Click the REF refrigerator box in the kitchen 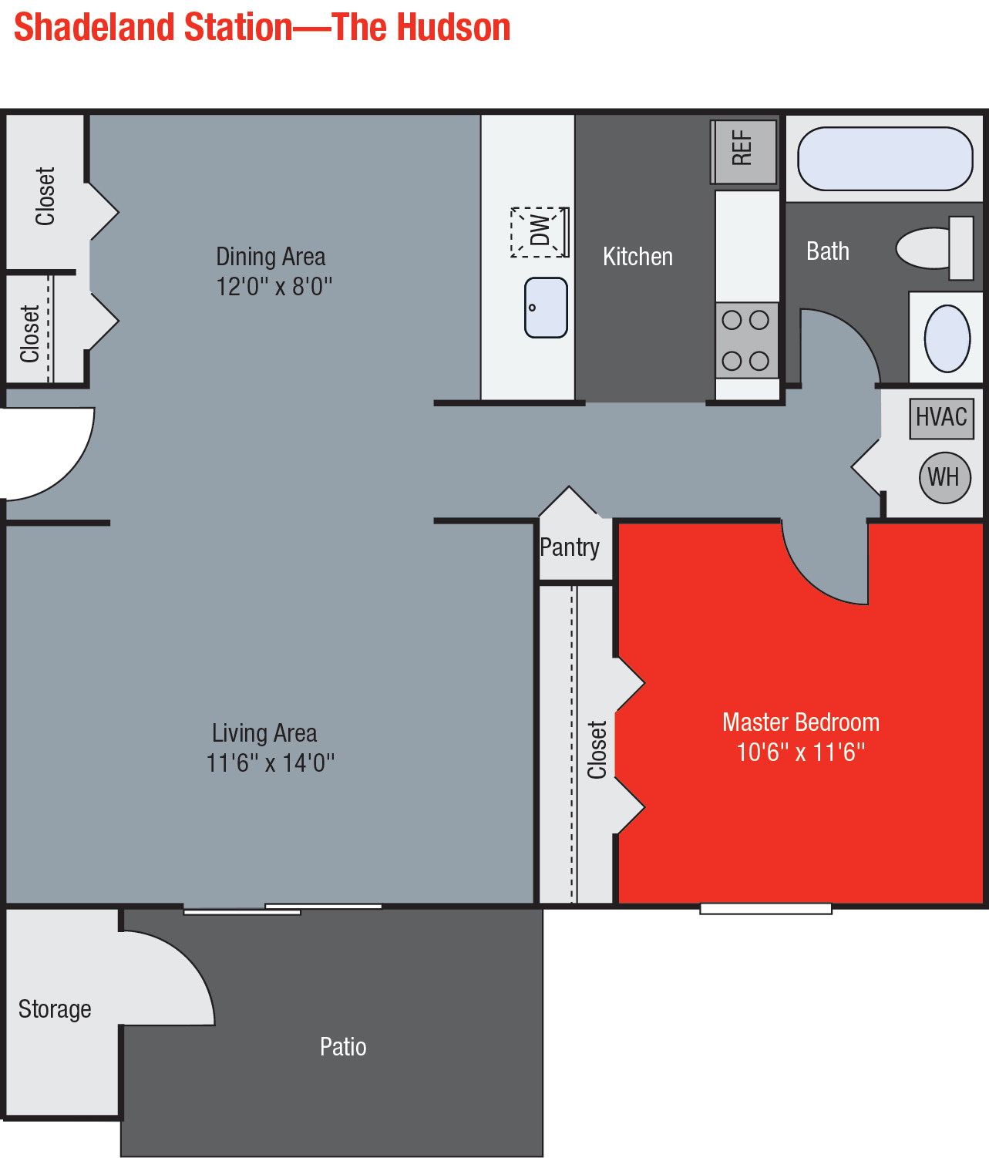[744, 152]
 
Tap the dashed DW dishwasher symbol [540, 232]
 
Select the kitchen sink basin [546, 308]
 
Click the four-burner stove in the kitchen [746, 341]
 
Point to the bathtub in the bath [885, 159]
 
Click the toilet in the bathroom [935, 248]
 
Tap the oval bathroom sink [947, 338]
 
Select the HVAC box [941, 419]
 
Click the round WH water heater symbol [945, 478]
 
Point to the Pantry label [570, 547]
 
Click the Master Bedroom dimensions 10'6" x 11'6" [801, 752]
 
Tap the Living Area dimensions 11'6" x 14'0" [270, 763]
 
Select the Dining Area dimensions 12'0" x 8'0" [274, 286]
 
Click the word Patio [343, 1046]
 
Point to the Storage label [55, 1009]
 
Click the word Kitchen [637, 257]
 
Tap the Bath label [828, 251]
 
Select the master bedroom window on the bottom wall [765, 908]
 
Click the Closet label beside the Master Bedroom [597, 749]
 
